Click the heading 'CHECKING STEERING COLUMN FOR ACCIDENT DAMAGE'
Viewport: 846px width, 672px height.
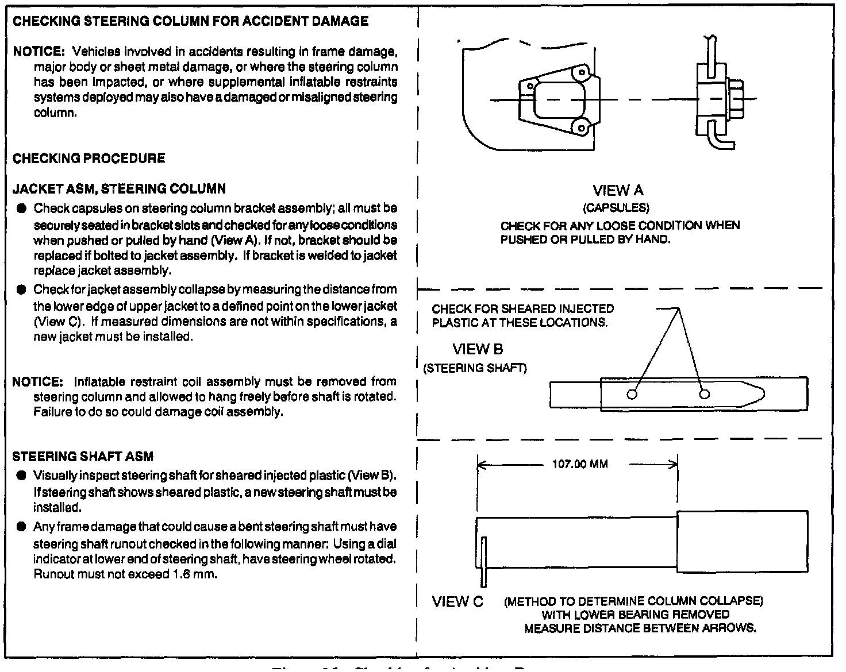(190, 22)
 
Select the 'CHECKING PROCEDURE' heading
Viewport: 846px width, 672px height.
(89, 159)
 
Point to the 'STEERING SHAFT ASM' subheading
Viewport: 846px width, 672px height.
(83, 457)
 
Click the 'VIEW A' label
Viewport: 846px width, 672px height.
(618, 191)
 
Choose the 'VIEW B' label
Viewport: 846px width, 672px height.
(478, 349)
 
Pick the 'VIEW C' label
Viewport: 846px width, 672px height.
(457, 602)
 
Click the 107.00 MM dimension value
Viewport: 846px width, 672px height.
(579, 464)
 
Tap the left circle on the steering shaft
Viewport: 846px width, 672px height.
(632, 394)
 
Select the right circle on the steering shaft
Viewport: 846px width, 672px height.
(705, 394)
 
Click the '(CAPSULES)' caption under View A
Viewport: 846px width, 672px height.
(616, 207)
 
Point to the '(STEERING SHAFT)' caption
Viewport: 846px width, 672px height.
(475, 368)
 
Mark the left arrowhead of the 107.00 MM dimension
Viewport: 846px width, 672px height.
(481, 465)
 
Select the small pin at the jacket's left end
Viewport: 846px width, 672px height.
(484, 562)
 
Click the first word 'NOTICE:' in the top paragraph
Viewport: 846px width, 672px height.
(37, 51)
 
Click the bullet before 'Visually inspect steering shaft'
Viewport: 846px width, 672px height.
(21, 476)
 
